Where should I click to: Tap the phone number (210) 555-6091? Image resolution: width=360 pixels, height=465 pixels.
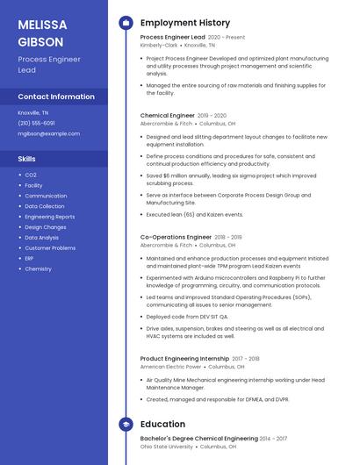[36, 123]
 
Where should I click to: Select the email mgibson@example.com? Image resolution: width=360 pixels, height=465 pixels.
[48, 133]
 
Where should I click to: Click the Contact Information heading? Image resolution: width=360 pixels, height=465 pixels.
[56, 97]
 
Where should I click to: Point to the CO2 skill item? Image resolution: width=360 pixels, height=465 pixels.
[31, 175]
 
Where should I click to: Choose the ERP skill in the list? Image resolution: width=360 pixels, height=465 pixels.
[29, 258]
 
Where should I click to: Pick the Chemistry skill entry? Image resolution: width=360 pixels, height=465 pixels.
[38, 268]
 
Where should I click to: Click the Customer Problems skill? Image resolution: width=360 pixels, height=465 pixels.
[50, 247]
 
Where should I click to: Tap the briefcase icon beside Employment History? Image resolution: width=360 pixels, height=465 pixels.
[126, 22]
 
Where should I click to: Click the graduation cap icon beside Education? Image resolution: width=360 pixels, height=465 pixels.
[126, 424]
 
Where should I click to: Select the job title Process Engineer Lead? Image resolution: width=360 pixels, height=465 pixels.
[172, 38]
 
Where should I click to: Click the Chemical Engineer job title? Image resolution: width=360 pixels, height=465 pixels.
[167, 115]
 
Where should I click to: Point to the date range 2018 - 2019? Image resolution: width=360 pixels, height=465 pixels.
[228, 237]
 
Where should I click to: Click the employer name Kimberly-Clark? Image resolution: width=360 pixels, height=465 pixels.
[159, 46]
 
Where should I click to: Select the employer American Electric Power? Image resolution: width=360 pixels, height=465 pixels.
[170, 366]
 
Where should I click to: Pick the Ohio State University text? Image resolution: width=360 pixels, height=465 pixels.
[166, 446]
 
